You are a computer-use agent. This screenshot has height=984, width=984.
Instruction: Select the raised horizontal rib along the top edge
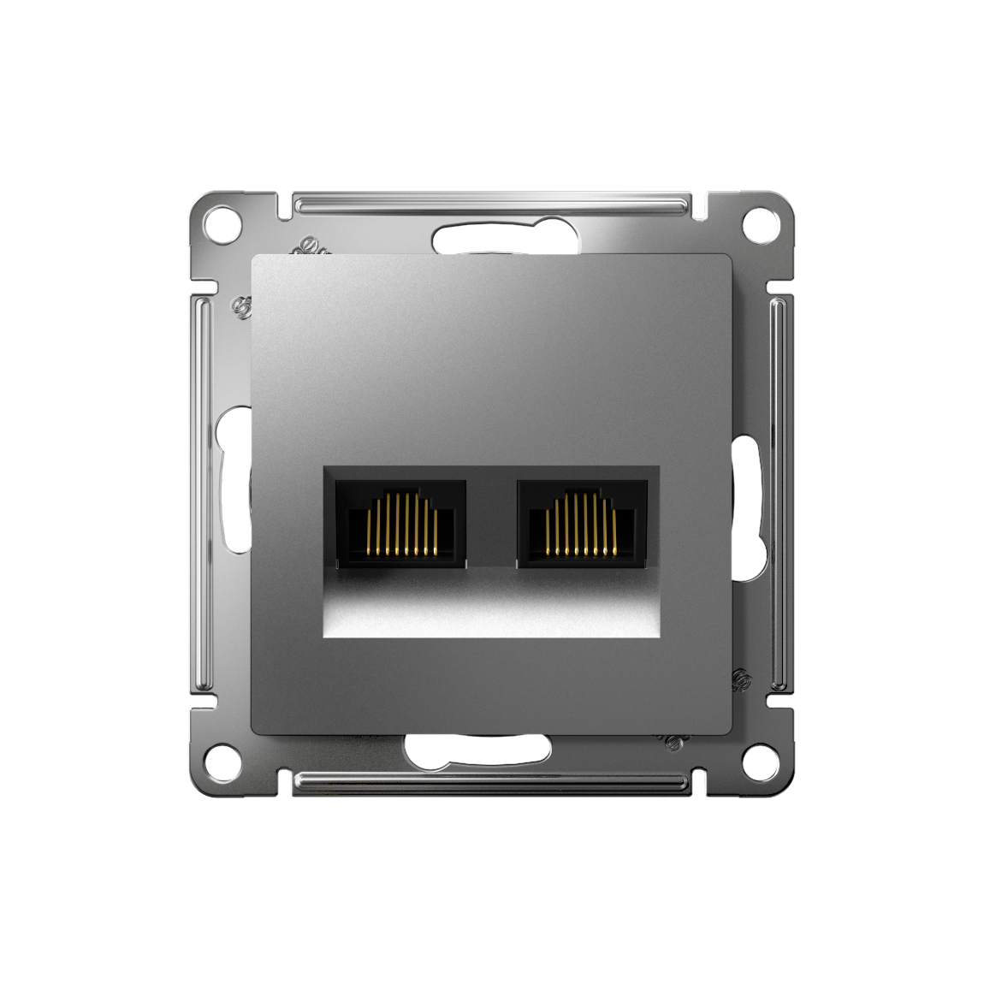(x=492, y=205)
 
